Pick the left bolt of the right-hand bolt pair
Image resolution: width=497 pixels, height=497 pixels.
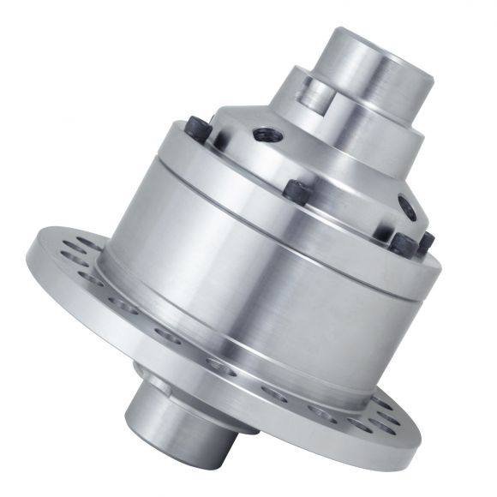(401, 241)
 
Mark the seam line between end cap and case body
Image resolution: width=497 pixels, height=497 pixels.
(283, 211)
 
